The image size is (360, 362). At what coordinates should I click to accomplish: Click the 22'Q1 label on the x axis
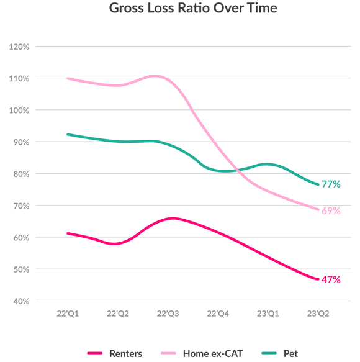click(x=67, y=315)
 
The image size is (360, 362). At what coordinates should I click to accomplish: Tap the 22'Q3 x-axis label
click(x=168, y=315)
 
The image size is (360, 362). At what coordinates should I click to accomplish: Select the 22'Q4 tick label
click(x=218, y=315)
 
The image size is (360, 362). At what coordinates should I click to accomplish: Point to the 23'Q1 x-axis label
click(x=268, y=315)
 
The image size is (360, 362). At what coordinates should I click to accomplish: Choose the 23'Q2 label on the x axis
click(x=318, y=315)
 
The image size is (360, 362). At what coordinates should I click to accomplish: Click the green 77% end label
click(x=331, y=184)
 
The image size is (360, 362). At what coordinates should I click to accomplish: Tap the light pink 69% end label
click(x=331, y=210)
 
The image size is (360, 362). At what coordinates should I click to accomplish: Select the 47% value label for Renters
click(x=331, y=279)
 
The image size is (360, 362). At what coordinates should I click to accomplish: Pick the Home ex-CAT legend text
click(x=214, y=353)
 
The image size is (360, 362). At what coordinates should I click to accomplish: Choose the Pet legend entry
click(x=290, y=353)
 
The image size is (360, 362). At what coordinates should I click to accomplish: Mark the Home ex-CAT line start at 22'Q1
click(x=67, y=78)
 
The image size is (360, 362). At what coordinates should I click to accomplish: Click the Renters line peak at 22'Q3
click(x=171, y=218)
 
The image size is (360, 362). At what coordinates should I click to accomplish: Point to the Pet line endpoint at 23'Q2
click(x=318, y=184)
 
